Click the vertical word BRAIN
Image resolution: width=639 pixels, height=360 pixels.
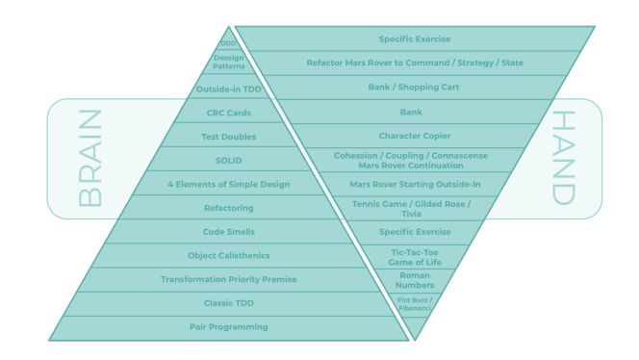pyautogui.click(x=89, y=158)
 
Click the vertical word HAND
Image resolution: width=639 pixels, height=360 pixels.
pyautogui.click(x=563, y=158)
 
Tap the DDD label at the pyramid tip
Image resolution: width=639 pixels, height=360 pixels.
pyautogui.click(x=228, y=42)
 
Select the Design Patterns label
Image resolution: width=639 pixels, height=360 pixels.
pyautogui.click(x=228, y=63)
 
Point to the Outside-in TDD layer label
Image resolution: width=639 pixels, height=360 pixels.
pyautogui.click(x=228, y=89)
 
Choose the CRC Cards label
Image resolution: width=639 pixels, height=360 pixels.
pyautogui.click(x=228, y=113)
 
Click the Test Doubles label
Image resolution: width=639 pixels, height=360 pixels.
pyautogui.click(x=228, y=137)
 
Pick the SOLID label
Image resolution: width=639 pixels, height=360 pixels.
pyautogui.click(x=228, y=160)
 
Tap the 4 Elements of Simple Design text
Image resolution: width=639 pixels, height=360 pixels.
pyautogui.click(x=228, y=184)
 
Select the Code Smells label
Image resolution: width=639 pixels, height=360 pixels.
pyautogui.click(x=228, y=232)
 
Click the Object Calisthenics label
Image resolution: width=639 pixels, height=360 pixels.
pyautogui.click(x=228, y=256)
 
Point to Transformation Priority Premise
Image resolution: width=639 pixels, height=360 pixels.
pyautogui.click(x=228, y=280)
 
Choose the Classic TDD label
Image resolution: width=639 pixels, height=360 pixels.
pyautogui.click(x=228, y=304)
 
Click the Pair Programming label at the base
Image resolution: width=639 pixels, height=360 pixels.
pyautogui.click(x=228, y=327)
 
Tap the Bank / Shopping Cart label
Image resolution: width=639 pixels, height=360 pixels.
pyautogui.click(x=414, y=88)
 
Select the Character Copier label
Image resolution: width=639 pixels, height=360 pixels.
pyautogui.click(x=414, y=136)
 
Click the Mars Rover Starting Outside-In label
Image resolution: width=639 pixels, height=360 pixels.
pyautogui.click(x=414, y=184)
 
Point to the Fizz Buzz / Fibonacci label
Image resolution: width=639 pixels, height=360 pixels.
pyautogui.click(x=414, y=304)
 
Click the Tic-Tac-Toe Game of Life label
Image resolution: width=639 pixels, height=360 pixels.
pyautogui.click(x=414, y=256)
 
